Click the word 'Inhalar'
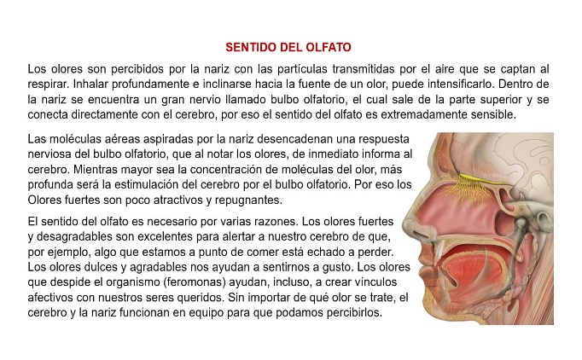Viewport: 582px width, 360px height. point(87,84)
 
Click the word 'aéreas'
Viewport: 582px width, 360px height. point(115,138)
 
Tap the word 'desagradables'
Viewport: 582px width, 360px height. point(78,238)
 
